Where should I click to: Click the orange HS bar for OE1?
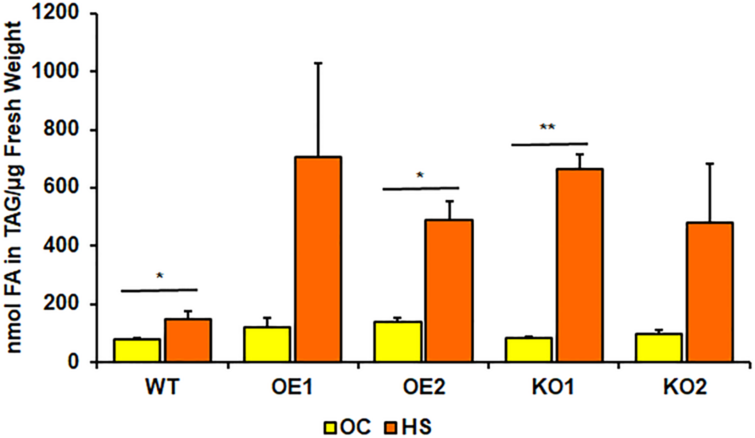[318, 259]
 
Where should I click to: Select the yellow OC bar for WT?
[137, 350]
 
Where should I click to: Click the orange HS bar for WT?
[188, 340]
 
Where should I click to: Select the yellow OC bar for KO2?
[658, 347]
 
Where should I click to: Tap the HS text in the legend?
[416, 427]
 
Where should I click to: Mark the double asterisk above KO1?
[547, 128]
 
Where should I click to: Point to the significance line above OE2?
[421, 188]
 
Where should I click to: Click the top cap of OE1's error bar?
[318, 63]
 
